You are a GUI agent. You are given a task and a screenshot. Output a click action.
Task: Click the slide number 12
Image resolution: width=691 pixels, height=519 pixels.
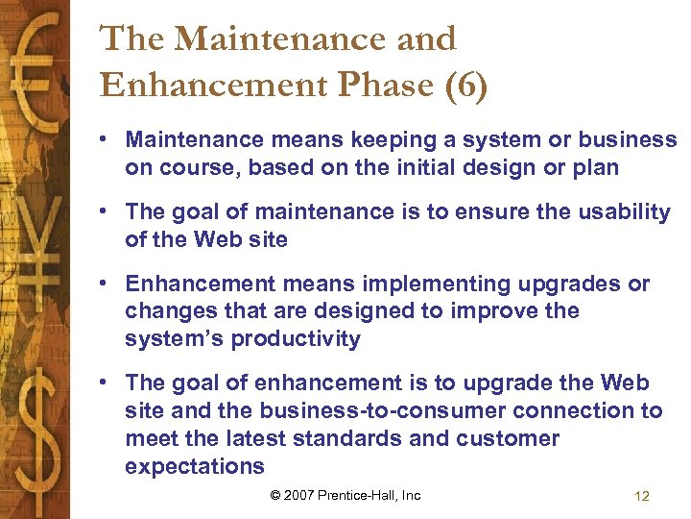[x=642, y=496]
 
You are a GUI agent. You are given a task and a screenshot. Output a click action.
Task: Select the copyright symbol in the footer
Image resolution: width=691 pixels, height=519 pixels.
[x=275, y=496]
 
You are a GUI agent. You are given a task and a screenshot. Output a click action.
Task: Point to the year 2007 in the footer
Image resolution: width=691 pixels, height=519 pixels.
[x=299, y=496]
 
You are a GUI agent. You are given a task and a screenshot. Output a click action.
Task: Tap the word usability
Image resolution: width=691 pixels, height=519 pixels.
[x=621, y=211]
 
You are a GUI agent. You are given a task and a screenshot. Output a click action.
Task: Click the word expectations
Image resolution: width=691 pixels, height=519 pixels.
[x=194, y=467]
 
